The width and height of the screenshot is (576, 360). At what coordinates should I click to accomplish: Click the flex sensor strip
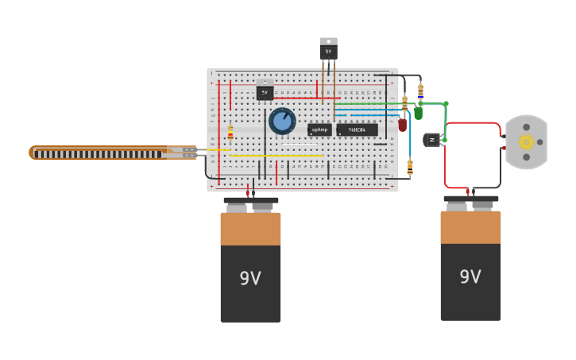tap(103, 153)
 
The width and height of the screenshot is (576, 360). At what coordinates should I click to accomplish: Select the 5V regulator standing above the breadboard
tap(328, 52)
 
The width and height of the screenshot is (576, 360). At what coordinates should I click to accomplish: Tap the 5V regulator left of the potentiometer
tap(265, 92)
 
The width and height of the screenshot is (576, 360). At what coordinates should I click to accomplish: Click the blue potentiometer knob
tap(282, 121)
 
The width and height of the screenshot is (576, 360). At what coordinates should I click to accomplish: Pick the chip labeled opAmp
tap(319, 130)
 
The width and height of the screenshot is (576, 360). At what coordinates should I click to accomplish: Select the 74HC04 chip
tap(357, 130)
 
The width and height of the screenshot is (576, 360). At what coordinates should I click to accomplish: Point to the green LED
tap(419, 113)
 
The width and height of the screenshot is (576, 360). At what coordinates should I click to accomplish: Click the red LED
tap(403, 125)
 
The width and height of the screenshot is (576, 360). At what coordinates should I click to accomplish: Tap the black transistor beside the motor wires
tap(432, 140)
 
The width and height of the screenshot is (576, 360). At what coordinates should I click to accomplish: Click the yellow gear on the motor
tap(526, 142)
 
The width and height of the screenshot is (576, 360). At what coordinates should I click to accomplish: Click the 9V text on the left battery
tap(250, 278)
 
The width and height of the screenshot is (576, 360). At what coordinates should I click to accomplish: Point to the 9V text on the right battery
tap(470, 277)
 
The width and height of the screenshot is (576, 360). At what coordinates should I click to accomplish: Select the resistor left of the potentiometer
tap(230, 133)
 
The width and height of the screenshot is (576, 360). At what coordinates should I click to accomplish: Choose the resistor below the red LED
tap(410, 167)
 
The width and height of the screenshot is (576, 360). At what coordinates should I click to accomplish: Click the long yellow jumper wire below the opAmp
tap(278, 156)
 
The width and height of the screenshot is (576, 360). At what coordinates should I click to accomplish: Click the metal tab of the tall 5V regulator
tap(328, 41)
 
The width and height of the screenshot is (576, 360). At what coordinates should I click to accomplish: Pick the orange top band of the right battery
tap(470, 227)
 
